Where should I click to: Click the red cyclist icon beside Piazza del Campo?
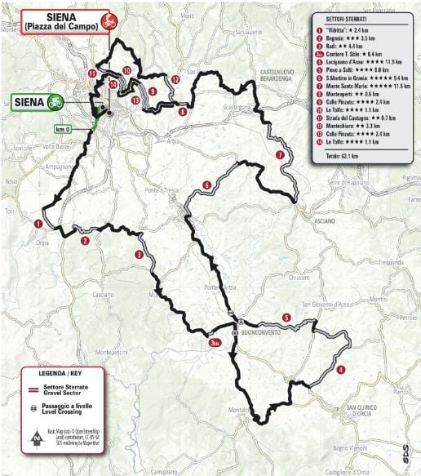click(104, 21)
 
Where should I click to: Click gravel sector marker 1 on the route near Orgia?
click(38, 222)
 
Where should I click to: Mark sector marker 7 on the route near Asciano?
click(280, 154)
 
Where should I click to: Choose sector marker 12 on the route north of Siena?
click(175, 79)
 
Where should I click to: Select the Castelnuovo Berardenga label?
click(283, 76)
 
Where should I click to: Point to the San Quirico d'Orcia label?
click(364, 408)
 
